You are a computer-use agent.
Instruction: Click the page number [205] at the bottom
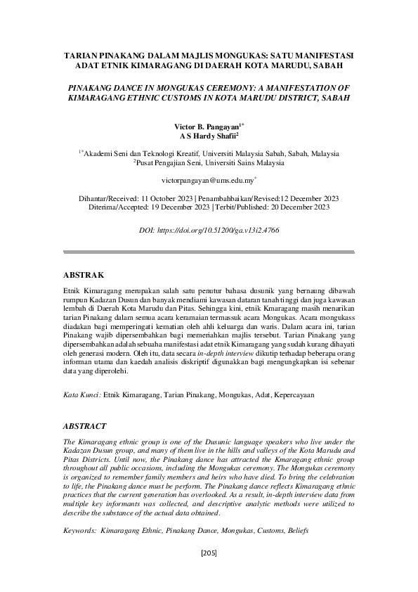(x=209, y=554)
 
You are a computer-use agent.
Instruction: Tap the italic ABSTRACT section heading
(x=84, y=426)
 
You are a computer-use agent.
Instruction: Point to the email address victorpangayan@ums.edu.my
(x=208, y=181)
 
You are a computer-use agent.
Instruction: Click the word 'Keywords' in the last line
(x=79, y=532)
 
